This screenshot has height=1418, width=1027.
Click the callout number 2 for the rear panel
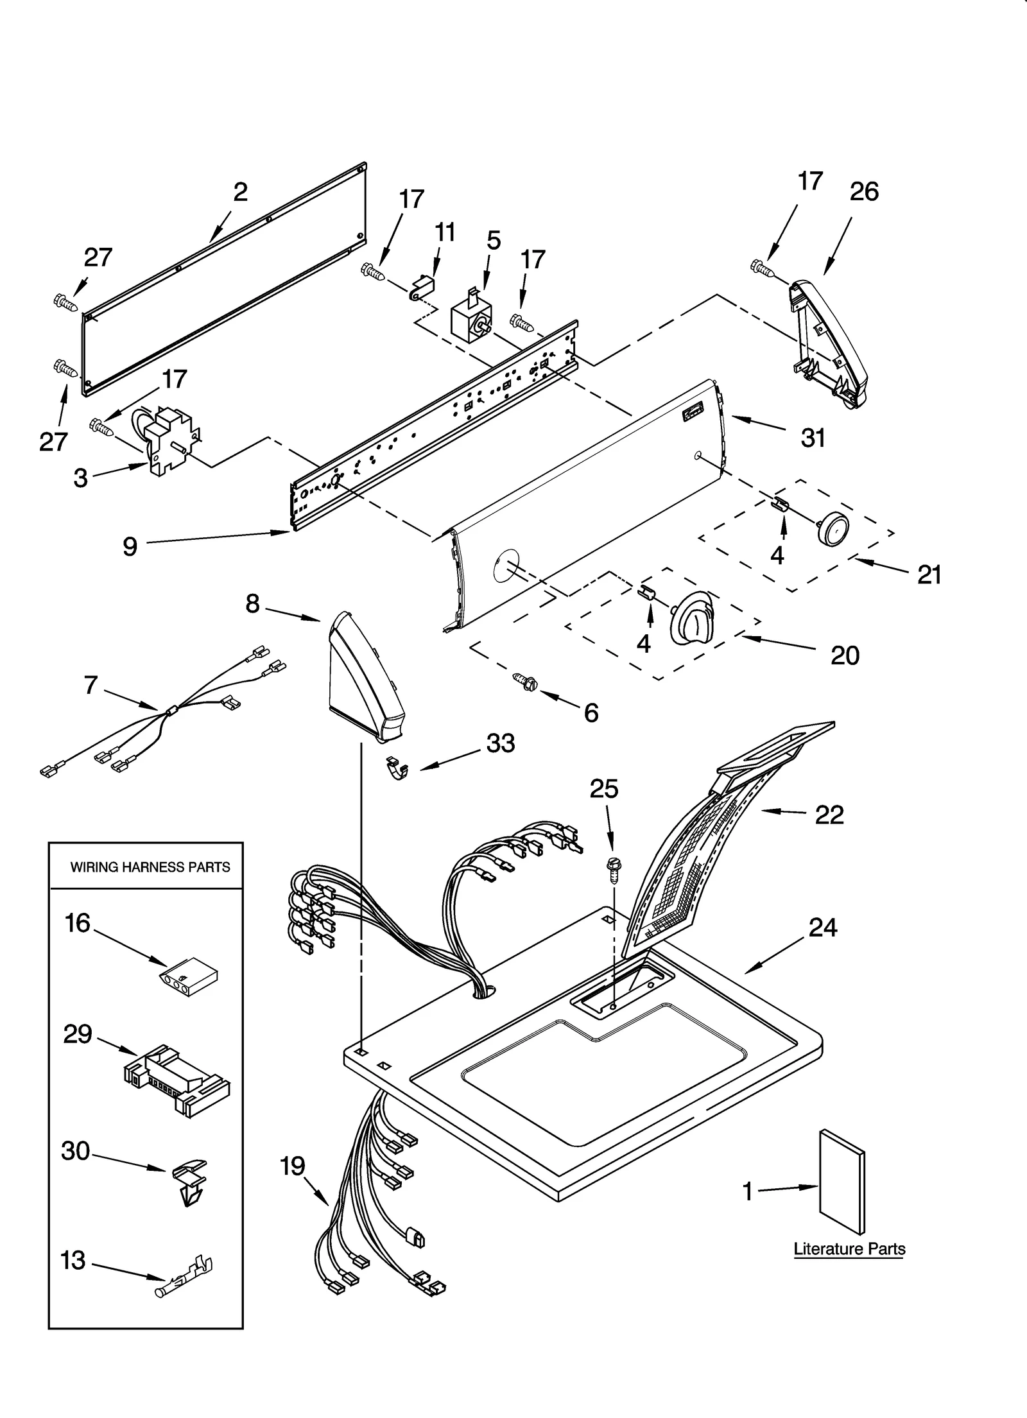click(240, 192)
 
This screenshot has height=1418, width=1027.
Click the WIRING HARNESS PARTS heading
click(150, 867)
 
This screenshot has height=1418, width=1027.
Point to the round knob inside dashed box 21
click(834, 529)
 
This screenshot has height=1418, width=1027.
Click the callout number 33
click(500, 743)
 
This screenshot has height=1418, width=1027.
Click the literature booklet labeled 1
click(841, 1181)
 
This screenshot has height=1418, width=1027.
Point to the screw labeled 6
click(525, 682)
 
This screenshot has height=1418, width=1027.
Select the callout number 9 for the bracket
click(130, 546)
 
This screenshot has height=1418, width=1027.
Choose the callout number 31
click(813, 438)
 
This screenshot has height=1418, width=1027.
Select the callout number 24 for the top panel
click(822, 928)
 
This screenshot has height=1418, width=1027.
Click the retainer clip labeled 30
click(190, 1180)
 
